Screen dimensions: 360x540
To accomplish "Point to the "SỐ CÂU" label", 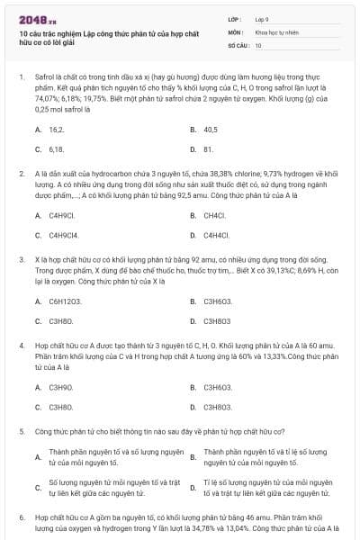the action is pyautogui.click(x=238, y=44).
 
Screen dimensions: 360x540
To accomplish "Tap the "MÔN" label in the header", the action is pyautogui.click(x=234, y=31).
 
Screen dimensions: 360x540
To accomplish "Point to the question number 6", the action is pyautogui.click(x=22, y=519).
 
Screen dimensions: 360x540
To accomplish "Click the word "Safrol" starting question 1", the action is pyautogui.click(x=44, y=78).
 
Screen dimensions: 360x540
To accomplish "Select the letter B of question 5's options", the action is pyautogui.click(x=193, y=457).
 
